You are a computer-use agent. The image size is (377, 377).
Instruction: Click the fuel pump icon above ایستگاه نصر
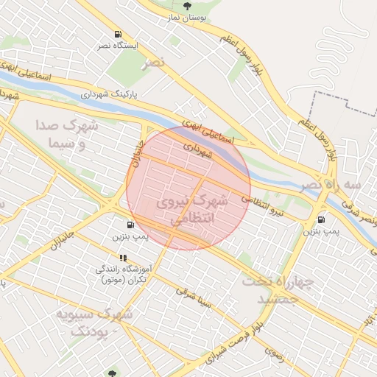[x=118, y=35]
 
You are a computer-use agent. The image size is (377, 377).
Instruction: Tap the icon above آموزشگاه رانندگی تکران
[x=123, y=258]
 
